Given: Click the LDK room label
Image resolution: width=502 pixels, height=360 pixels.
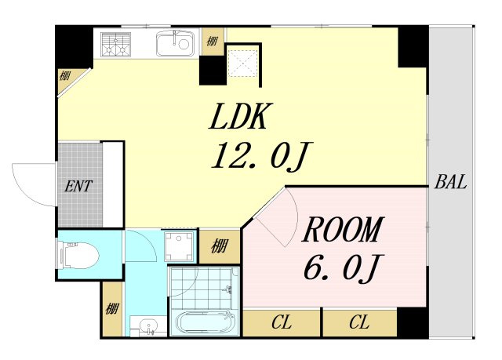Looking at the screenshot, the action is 238,116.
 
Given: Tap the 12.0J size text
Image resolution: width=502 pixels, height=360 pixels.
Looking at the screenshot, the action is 261,156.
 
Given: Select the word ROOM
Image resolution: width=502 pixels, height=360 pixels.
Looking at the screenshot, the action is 343,229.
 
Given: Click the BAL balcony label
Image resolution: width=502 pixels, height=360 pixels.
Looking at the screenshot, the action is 450,182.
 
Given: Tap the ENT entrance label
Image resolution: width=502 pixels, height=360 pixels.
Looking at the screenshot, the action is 78,186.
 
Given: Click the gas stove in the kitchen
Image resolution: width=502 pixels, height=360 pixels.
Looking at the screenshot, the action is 115,44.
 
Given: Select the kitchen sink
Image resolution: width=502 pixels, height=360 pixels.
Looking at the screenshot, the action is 175,43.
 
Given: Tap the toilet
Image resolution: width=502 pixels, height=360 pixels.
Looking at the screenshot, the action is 78,256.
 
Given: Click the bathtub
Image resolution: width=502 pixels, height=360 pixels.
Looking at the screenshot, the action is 204,323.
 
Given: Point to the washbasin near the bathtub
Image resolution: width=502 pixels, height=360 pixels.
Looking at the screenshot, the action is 148,326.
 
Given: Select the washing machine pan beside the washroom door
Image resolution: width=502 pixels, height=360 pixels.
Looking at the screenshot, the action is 180,246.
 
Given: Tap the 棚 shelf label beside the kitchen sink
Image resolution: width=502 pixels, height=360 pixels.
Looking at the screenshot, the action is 212,41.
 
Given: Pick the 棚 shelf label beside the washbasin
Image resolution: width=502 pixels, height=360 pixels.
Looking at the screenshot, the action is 112,309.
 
